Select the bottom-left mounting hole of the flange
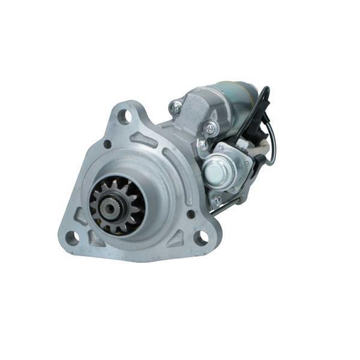pyautogui.click(x=71, y=238)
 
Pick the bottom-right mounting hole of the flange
pyautogui.click(x=200, y=238)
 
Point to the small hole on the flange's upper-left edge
pyautogui.click(x=107, y=144)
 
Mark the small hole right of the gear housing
pyautogui.click(x=191, y=214)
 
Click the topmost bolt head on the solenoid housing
pyautogui.click(x=175, y=107)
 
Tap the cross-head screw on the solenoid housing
pyautogui.click(x=209, y=128)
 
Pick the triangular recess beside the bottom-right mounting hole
pyautogui.click(x=178, y=239)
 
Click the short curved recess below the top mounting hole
pyautogui.click(x=144, y=140)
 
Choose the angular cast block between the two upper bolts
pyautogui.click(x=194, y=114)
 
